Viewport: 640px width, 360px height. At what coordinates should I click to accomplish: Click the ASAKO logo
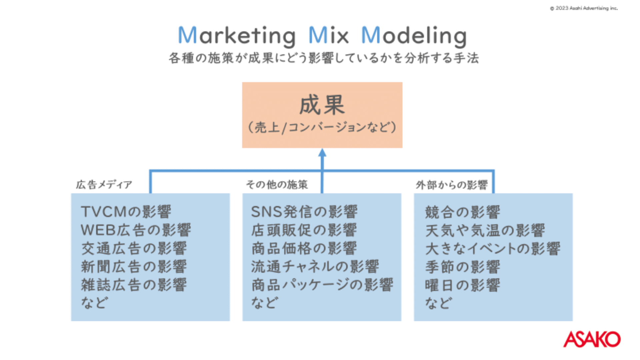pyautogui.click(x=592, y=339)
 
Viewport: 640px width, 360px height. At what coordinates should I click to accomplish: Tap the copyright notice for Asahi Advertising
pyautogui.click(x=584, y=8)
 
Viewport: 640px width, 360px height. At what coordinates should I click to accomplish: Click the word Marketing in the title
pyautogui.click(x=237, y=36)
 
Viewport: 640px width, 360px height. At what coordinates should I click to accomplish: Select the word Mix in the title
pyautogui.click(x=328, y=35)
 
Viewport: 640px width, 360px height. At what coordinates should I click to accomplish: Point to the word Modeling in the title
pyautogui.click(x=414, y=36)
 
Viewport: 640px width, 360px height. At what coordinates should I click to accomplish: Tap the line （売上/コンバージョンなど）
pyautogui.click(x=322, y=127)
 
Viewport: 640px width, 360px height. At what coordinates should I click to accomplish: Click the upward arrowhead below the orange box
pyautogui.click(x=322, y=153)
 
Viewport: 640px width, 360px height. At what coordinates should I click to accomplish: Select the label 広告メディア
pyautogui.click(x=104, y=185)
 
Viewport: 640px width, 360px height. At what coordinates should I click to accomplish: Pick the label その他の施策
pyautogui.click(x=277, y=185)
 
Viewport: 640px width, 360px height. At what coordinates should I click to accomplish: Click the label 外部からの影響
pyautogui.click(x=451, y=185)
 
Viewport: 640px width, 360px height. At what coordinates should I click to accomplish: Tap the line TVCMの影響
pyautogui.click(x=126, y=212)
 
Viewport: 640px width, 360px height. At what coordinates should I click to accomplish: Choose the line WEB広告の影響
pyautogui.click(x=136, y=230)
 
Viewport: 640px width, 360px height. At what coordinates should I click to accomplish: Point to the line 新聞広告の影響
pyautogui.click(x=134, y=267)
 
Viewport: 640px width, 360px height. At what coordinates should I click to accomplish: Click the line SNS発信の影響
pyautogui.click(x=304, y=212)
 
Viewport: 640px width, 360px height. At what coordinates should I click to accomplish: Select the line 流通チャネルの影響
pyautogui.click(x=315, y=267)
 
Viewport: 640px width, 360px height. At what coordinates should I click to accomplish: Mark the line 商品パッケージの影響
pyautogui.click(x=322, y=285)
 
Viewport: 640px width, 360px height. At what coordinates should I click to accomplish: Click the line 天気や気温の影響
pyautogui.click(x=485, y=230)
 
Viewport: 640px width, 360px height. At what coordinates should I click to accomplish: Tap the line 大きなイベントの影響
pyautogui.click(x=493, y=249)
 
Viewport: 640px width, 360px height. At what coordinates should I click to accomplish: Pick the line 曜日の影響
pyautogui.click(x=463, y=285)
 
